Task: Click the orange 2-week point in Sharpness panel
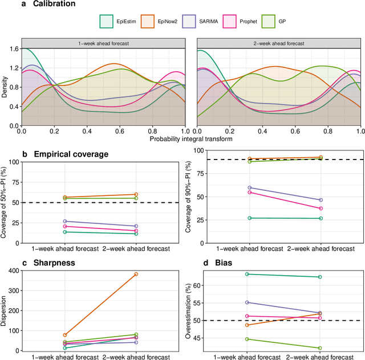(x=136, y=274)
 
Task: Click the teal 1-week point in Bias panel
(x=247, y=274)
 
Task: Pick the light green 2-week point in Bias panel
(x=320, y=348)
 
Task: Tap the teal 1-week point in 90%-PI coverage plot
(x=249, y=218)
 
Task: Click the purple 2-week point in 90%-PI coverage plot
(x=321, y=200)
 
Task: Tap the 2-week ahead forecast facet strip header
(x=279, y=43)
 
